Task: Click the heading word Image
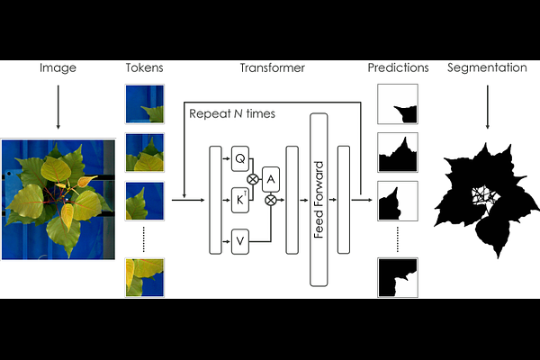tap(58, 67)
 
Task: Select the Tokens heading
tap(144, 67)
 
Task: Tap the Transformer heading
tap(273, 67)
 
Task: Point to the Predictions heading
tap(398, 67)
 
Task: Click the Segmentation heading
tap(487, 67)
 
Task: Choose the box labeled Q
tap(240, 158)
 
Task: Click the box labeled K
tap(240, 200)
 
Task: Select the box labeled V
tap(240, 241)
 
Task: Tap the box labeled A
tap(271, 179)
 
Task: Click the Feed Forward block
tap(319, 200)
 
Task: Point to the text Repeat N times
tap(232, 113)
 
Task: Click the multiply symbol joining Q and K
tap(253, 179)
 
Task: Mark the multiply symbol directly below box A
tap(271, 200)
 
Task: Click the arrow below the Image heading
tap(58, 107)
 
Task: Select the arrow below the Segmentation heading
tap(487, 107)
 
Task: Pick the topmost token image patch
tap(145, 104)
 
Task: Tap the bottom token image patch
tap(145, 277)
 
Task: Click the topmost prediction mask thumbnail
tap(398, 104)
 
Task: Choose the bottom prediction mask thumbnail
tap(398, 277)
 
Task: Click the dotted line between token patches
tap(144, 239)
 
